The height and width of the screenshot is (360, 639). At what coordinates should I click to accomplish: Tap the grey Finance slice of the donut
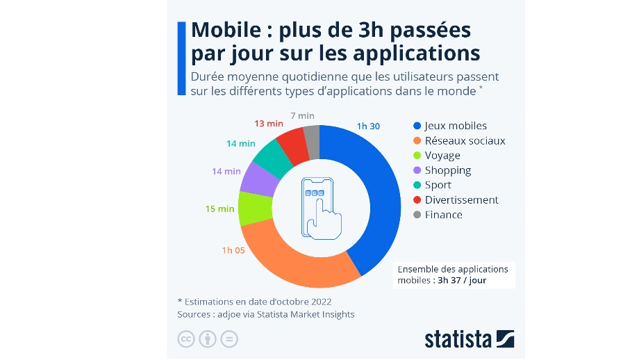coord(313,134)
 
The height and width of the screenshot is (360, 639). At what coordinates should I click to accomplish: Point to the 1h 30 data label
coord(367,126)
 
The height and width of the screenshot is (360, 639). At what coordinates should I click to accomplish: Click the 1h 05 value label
coord(233,250)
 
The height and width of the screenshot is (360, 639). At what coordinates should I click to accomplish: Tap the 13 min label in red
coord(268,123)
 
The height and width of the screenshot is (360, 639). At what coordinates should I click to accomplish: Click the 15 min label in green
coord(219,208)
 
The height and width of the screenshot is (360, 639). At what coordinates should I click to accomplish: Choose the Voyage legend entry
coord(442,156)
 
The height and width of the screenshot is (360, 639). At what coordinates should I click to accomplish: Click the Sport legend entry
coord(438,185)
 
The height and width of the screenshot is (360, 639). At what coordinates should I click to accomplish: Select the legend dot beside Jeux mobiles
coord(417,126)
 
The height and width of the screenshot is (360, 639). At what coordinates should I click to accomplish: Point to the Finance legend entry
coord(443,215)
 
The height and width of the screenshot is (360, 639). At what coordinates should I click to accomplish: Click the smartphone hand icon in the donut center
coord(319,208)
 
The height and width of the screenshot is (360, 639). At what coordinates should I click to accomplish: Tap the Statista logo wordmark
coord(458,339)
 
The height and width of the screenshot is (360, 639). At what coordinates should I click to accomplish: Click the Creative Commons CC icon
coord(185,339)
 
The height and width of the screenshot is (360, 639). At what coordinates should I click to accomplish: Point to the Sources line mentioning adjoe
coord(266,314)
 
